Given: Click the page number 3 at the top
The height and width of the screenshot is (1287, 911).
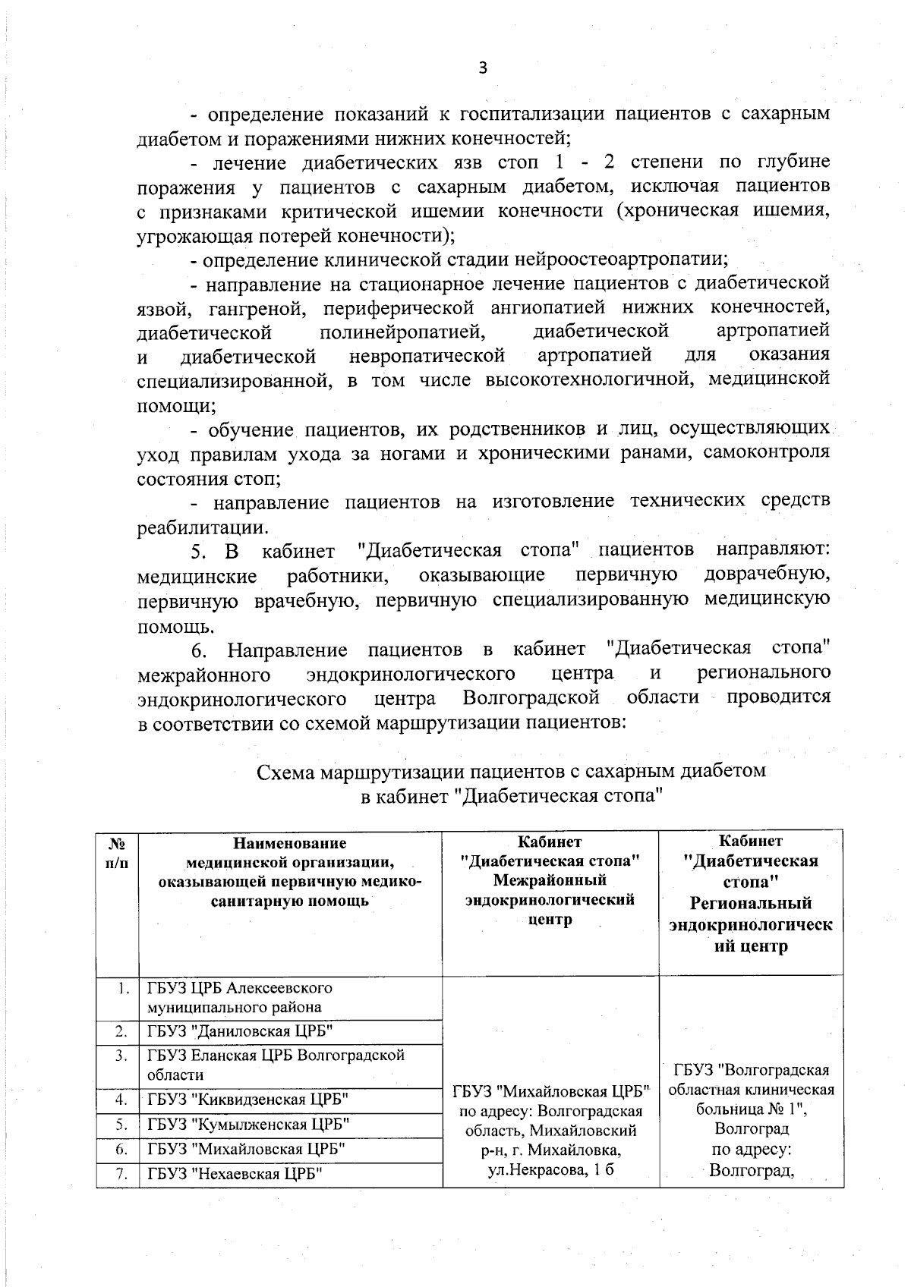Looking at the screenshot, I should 482,68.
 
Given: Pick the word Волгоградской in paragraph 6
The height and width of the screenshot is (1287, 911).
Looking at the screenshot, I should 531,697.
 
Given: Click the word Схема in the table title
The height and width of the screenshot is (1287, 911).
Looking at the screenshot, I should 285,772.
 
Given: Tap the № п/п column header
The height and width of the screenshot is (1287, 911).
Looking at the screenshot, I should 117,853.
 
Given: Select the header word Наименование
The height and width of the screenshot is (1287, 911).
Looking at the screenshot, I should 289,843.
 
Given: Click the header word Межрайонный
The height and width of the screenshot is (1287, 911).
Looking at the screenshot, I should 550,880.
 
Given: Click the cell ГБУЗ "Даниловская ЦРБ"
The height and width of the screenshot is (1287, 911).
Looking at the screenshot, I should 240,1031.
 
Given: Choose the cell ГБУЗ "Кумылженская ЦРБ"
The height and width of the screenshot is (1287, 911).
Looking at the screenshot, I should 247,1124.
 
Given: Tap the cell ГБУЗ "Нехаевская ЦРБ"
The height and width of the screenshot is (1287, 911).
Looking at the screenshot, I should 236,1174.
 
